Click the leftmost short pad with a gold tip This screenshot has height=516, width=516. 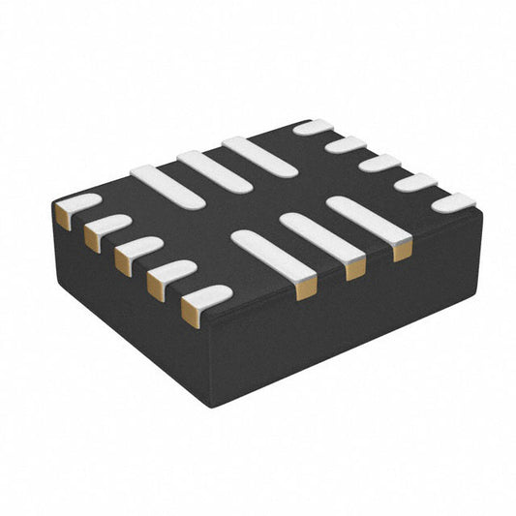[77, 207]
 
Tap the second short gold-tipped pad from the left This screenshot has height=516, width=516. [106, 229]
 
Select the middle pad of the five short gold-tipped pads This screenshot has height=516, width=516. [138, 251]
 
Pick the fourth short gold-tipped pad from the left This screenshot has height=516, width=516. [170, 273]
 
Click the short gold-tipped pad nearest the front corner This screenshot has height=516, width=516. [206, 297]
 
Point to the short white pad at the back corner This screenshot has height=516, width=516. [313, 127]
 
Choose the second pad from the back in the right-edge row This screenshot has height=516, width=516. [346, 145]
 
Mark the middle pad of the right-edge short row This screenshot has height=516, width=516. [379, 163]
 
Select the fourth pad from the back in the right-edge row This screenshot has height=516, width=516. [415, 182]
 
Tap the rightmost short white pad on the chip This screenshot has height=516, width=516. [453, 202]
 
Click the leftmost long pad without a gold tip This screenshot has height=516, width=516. [167, 186]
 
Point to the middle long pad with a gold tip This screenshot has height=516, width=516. [321, 238]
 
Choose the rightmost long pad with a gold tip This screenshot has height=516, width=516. [368, 220]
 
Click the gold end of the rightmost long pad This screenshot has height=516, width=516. [402, 251]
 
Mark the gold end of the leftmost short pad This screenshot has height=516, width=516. [63, 218]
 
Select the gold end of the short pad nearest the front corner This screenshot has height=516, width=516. [191, 312]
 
